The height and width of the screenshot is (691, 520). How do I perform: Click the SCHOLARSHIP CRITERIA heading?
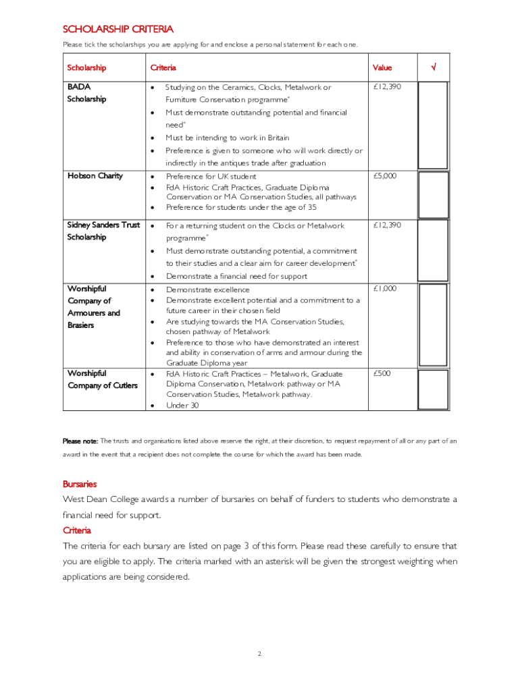(118, 29)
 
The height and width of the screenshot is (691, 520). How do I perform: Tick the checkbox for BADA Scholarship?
(433, 125)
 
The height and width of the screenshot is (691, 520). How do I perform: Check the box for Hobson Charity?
(433, 194)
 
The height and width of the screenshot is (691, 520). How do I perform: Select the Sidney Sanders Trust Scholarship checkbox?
(433, 250)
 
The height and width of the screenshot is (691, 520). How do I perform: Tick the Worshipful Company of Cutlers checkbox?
(433, 389)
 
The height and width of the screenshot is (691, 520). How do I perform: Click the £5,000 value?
(385, 176)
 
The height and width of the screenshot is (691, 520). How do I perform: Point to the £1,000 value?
(385, 289)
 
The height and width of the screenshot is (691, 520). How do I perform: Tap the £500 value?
(382, 373)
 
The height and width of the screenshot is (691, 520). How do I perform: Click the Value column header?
(382, 67)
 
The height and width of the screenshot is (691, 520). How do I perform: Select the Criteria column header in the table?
(163, 67)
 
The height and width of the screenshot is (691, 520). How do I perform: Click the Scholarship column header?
(86, 67)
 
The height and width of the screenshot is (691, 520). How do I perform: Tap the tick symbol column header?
(433, 67)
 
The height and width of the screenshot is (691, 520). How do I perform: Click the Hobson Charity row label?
(95, 176)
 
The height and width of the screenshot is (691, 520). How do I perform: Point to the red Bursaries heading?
(80, 484)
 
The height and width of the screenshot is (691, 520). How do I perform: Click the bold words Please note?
(80, 441)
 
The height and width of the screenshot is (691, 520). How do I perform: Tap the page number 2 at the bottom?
(259, 654)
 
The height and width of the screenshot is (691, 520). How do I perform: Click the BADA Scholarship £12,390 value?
(387, 87)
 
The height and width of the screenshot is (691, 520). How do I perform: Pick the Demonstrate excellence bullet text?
(207, 289)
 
